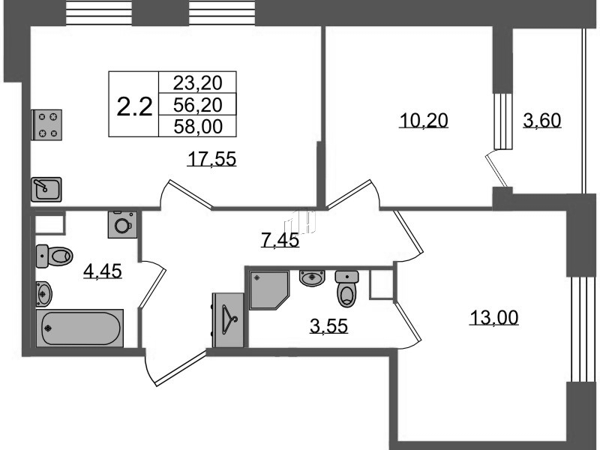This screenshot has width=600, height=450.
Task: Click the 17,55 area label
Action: point(212,159)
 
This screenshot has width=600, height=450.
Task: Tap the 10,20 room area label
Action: point(424,120)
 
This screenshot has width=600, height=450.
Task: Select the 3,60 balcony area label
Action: point(542,120)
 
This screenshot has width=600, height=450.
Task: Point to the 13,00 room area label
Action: point(494,317)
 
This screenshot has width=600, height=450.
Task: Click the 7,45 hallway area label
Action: point(280,240)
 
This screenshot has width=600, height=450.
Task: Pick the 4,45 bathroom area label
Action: point(103,271)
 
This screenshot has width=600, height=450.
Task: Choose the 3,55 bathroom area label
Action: point(328,326)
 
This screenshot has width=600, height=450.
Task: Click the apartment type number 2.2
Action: point(134,106)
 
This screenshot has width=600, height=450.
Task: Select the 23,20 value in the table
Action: point(198,82)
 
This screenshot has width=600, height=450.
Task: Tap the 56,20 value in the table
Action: point(198,104)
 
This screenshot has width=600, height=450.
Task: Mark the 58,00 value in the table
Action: point(198,126)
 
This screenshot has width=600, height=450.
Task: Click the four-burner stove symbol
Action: point(46,124)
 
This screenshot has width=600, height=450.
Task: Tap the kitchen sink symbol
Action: point(46,190)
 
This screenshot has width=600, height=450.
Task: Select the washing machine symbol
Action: point(122,224)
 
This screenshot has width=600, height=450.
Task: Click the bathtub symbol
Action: point(80,328)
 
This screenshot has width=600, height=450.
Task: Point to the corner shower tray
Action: point(268,290)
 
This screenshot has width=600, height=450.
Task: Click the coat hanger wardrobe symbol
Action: point(228,320)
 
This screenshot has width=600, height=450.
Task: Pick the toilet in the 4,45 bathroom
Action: point(54,256)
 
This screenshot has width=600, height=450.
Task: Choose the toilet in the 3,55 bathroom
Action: point(347,289)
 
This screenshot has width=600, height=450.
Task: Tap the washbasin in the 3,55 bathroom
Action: point(312,277)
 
